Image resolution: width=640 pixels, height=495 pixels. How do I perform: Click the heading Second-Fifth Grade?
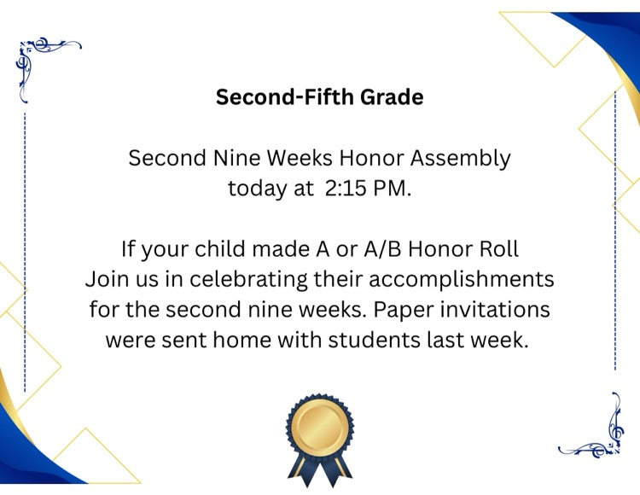pyautogui.click(x=319, y=97)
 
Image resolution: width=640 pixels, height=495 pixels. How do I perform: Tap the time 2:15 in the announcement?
pyautogui.click(x=344, y=189)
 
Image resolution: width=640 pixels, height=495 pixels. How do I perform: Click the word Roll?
pyautogui.click(x=497, y=250)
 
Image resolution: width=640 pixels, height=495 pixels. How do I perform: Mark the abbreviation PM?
pyautogui.click(x=393, y=189)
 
